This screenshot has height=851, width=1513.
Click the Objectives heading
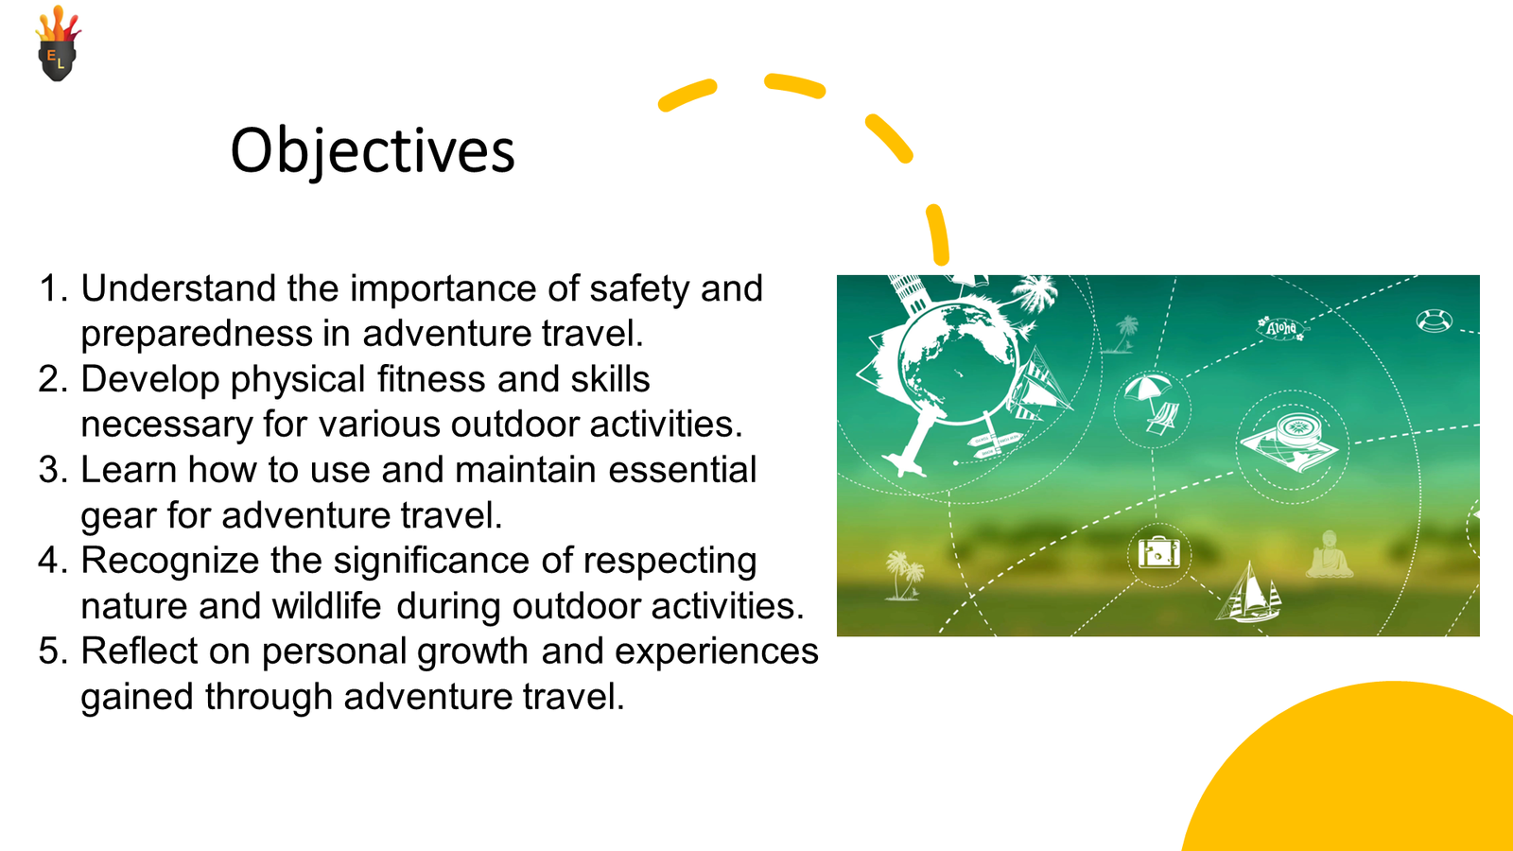(x=373, y=150)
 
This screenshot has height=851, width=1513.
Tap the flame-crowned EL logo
(x=58, y=43)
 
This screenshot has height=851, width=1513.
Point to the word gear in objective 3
(x=118, y=516)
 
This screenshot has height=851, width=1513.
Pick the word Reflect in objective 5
(x=139, y=651)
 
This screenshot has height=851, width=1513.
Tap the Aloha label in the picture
(x=1281, y=328)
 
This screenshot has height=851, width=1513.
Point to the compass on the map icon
(x=1296, y=428)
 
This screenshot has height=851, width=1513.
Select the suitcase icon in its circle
(x=1159, y=554)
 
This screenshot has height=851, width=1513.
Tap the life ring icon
(x=1434, y=321)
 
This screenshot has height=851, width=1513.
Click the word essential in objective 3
(x=682, y=470)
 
